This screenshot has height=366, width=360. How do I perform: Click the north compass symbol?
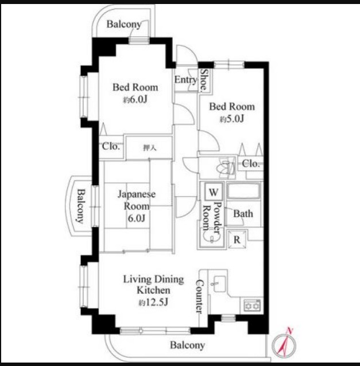[284, 345]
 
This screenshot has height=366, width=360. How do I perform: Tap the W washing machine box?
[214, 192]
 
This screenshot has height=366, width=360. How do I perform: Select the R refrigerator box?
[237, 239]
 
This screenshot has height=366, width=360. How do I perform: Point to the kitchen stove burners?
[252, 305]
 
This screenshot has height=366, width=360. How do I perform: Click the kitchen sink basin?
[219, 284]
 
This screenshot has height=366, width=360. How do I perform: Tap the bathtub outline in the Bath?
[243, 191]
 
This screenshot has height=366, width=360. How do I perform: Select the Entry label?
[185, 80]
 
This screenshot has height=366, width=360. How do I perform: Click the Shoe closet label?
[204, 80]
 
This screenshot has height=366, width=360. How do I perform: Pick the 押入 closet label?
[149, 147]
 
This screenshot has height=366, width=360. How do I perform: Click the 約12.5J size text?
[153, 302]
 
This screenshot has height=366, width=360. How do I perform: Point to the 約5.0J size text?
[232, 119]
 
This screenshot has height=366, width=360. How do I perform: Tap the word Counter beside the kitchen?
[199, 297]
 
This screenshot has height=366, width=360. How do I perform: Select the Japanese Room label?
[137, 200]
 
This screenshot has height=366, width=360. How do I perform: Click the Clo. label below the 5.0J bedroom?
[251, 163]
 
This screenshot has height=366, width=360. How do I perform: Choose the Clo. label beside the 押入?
[111, 146]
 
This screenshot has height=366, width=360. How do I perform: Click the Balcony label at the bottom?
[188, 345]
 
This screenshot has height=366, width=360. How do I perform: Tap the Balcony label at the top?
[124, 24]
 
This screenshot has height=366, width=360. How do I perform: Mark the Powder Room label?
[211, 217]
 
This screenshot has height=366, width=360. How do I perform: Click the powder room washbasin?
[211, 237]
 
